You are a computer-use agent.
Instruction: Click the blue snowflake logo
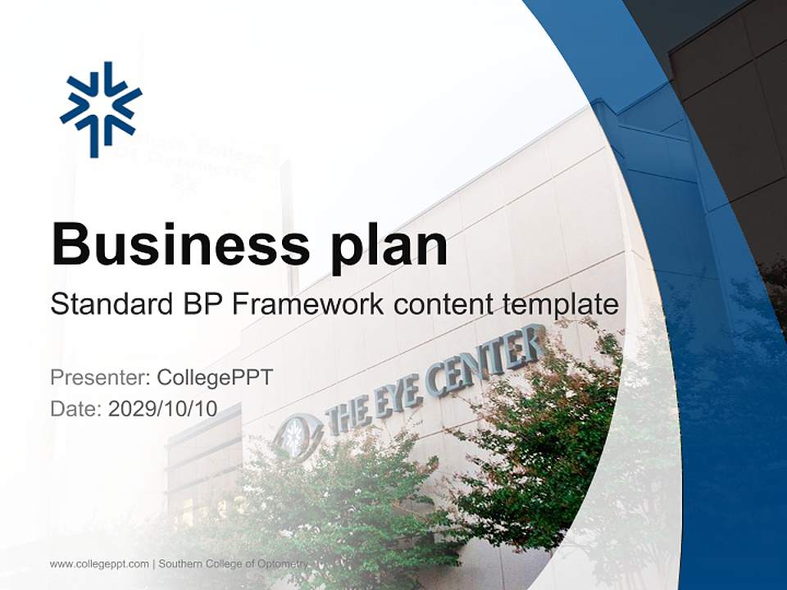pyautogui.click(x=101, y=108)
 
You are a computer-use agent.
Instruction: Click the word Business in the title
pyautogui.click(x=167, y=244)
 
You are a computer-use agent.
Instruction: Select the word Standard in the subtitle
pyautogui.click(x=108, y=305)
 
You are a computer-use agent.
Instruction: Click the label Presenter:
pyautogui.click(x=100, y=378)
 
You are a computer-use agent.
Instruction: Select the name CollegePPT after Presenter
pyautogui.click(x=214, y=378)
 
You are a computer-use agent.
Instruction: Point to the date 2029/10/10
pyautogui.click(x=162, y=409)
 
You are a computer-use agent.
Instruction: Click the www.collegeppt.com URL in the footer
pyautogui.click(x=99, y=564)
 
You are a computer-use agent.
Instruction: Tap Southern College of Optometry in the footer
pyautogui.click(x=233, y=564)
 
